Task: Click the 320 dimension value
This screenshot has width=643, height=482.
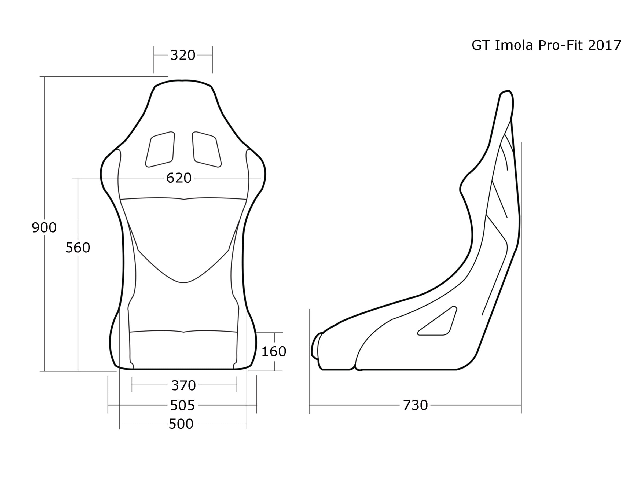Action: click(183, 55)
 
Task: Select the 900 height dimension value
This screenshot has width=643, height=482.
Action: click(44, 227)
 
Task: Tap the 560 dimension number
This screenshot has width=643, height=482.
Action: click(78, 248)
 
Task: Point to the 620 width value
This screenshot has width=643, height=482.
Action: click(179, 178)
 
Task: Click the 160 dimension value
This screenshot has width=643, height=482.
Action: click(274, 351)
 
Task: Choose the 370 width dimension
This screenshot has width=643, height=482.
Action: click(183, 385)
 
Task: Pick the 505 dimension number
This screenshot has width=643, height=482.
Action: click(182, 405)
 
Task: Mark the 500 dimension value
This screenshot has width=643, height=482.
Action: click(181, 424)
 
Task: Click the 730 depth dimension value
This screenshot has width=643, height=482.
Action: click(415, 405)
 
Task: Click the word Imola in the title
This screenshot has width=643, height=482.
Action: click(514, 45)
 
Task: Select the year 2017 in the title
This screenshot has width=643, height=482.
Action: click(605, 45)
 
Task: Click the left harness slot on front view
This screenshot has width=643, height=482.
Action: click(160, 149)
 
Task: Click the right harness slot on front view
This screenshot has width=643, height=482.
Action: click(207, 149)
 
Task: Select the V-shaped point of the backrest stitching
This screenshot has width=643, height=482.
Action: click(184, 282)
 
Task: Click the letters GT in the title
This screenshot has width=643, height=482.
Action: click(481, 45)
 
